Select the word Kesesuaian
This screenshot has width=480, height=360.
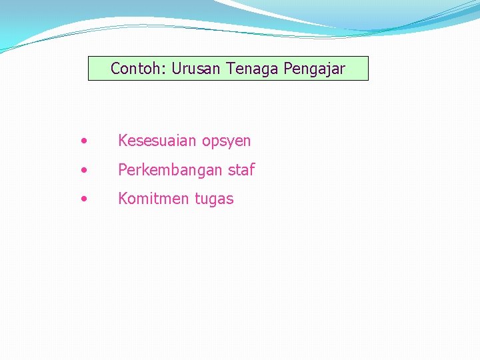tap(157, 141)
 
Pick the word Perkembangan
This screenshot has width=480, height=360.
tap(171, 170)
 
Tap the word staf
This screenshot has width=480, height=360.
tap(241, 170)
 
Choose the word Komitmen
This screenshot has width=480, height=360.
tap(154, 199)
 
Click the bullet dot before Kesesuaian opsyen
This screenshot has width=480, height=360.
tap(83, 141)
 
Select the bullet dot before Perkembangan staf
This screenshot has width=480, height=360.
tap(83, 169)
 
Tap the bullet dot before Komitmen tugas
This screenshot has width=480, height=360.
tap(83, 198)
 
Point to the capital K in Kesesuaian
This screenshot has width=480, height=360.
tap(123, 141)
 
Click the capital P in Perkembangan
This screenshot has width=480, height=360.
tap(123, 170)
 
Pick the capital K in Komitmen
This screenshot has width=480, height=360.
tap(123, 199)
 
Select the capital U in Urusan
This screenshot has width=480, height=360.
tap(176, 69)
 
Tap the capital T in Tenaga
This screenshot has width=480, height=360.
tap(230, 69)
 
